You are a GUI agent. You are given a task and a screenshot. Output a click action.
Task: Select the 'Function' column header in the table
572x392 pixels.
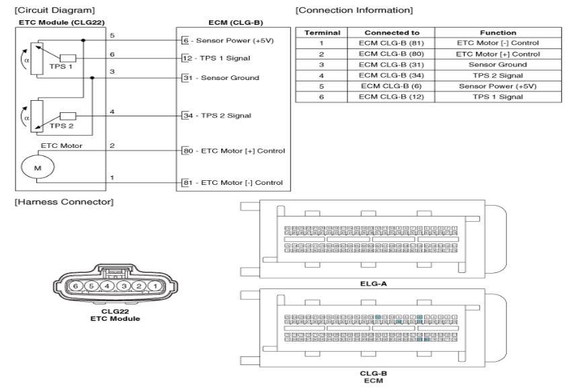(x=497, y=32)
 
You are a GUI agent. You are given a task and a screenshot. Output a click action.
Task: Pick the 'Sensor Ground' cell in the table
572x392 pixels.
(x=497, y=64)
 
